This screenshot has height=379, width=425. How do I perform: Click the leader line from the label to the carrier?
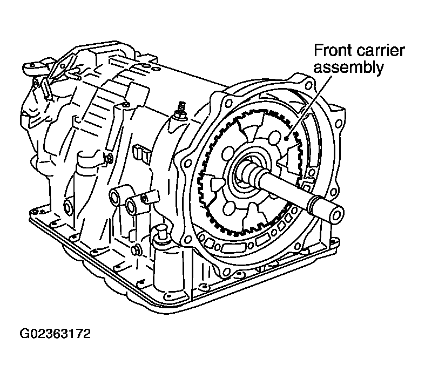(310, 105)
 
